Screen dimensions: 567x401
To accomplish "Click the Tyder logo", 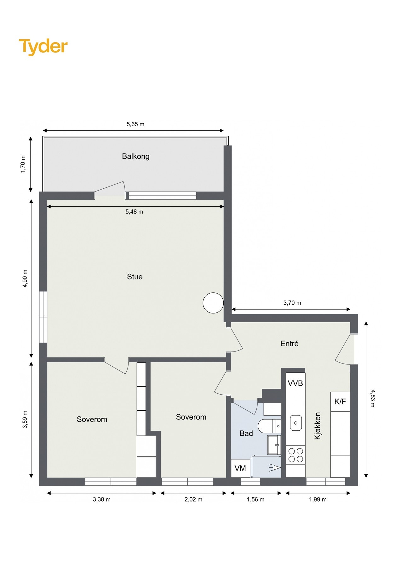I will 43,47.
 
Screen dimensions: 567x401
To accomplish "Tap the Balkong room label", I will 135,156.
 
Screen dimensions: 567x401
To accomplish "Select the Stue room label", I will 135,277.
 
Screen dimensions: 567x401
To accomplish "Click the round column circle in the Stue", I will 213,303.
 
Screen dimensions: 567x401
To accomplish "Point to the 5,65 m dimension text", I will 135,124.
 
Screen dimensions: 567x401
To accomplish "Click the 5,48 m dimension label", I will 134,212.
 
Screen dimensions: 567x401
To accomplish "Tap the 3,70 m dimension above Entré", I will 292,303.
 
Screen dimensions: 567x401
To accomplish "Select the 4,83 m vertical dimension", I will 372,398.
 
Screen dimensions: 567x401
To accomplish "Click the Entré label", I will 289,343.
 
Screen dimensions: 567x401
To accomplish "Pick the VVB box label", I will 295,383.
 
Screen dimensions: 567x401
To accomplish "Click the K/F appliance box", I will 340,401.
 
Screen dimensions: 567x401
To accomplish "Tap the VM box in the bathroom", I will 240,468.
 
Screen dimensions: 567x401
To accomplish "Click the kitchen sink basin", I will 295,423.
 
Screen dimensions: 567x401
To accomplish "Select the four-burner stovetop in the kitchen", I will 295,455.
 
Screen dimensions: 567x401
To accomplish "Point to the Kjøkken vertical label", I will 318,426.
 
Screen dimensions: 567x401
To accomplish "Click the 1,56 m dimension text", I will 255,499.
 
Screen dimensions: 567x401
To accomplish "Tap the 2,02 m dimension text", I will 193,499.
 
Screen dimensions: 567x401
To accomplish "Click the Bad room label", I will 246,433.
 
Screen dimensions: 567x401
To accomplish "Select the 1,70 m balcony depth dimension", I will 23,164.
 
